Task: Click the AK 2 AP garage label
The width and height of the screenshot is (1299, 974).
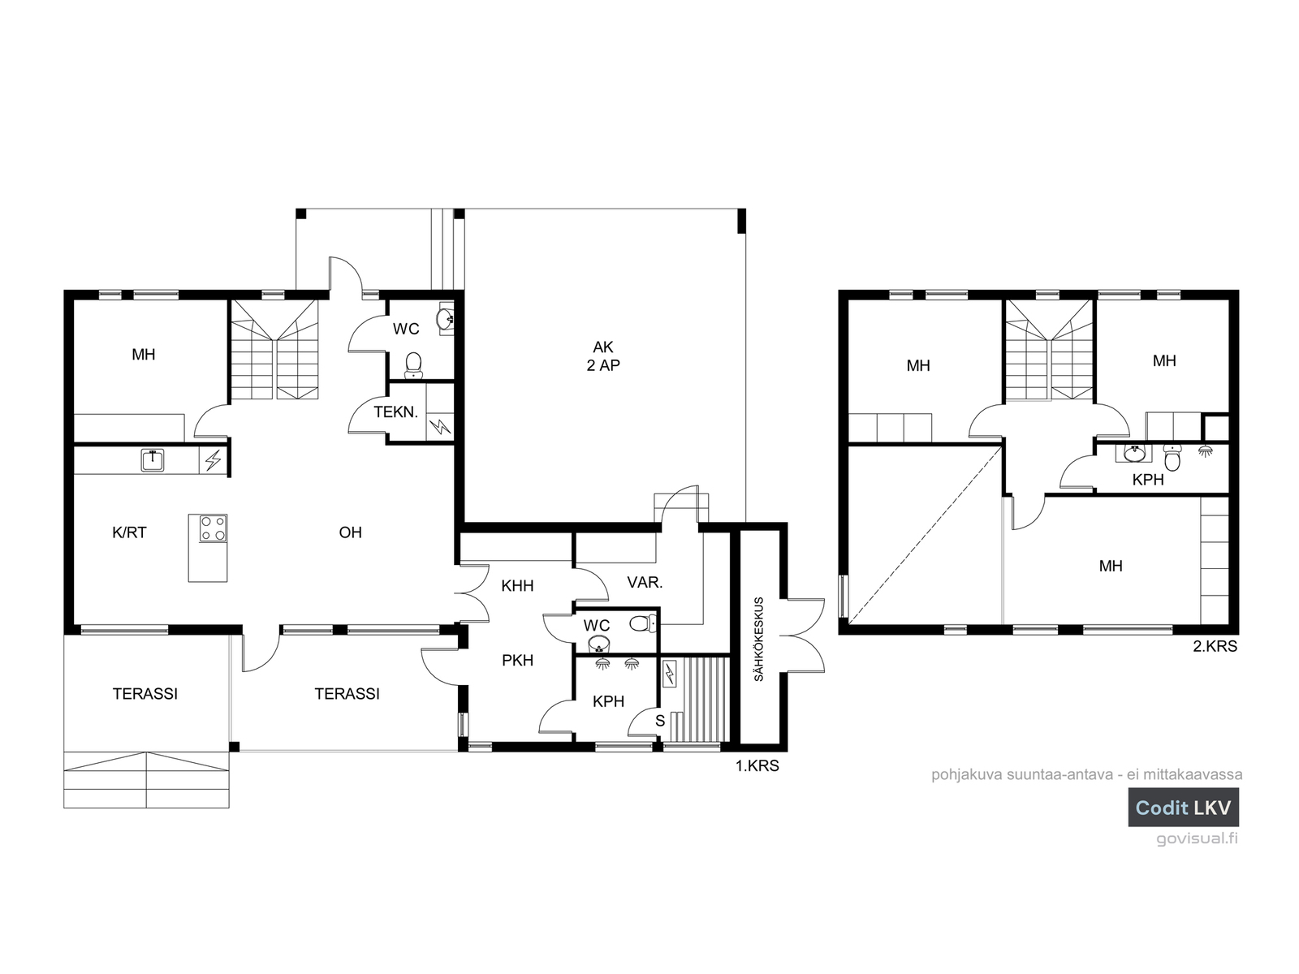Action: [x=603, y=356]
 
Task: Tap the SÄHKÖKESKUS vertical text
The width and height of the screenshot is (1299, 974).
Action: [x=758, y=640]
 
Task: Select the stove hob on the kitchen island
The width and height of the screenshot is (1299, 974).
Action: [x=213, y=528]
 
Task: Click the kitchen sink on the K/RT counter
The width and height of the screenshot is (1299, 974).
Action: [x=153, y=460]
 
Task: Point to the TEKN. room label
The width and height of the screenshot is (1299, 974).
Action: [x=396, y=412]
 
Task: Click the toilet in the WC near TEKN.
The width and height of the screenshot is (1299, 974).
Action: [x=413, y=365]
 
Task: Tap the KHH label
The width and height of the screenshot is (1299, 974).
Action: [x=517, y=586]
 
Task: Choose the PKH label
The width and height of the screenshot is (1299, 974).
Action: [x=518, y=661]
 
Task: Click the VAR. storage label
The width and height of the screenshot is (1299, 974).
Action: [x=645, y=583]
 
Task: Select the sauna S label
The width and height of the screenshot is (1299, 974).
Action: [x=660, y=721]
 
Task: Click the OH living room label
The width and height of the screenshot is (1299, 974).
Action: [x=351, y=532]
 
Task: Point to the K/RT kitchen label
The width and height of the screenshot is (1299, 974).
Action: [x=129, y=532]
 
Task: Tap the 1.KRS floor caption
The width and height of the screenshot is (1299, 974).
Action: [x=757, y=766]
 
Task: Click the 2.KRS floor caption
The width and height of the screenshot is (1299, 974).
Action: [x=1215, y=646]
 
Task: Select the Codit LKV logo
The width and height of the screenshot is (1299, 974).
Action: [x=1183, y=808]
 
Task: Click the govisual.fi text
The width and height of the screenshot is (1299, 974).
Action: [x=1198, y=838]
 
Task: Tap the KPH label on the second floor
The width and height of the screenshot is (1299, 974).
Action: [x=1148, y=480]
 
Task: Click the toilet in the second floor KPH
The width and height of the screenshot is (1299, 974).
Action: [x=1172, y=457]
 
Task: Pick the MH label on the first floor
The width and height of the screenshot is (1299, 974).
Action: [x=143, y=355]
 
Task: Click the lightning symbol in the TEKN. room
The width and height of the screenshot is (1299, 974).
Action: [x=440, y=426]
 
